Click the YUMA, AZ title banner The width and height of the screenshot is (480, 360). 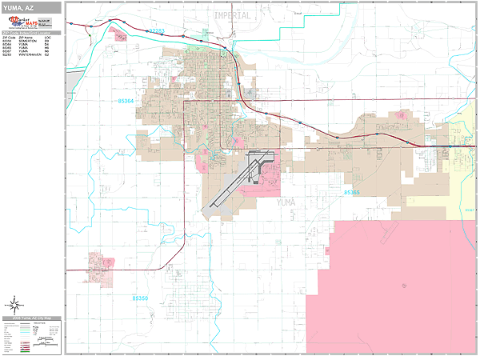pyautogui.click(x=30, y=6)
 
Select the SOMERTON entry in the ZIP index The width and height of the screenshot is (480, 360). pyautogui.click(x=31, y=41)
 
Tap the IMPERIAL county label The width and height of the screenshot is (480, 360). pyautogui.click(x=232, y=15)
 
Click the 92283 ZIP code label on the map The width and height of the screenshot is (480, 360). pyautogui.click(x=156, y=31)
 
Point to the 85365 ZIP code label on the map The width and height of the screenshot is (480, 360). pyautogui.click(x=351, y=193)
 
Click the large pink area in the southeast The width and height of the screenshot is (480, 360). pyautogui.click(x=392, y=280)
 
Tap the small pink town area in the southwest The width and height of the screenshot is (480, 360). pyautogui.click(x=101, y=262)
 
